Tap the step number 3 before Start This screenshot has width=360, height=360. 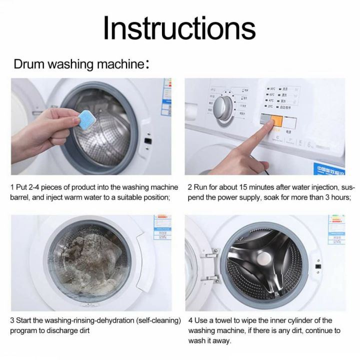click(x=11, y=320)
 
